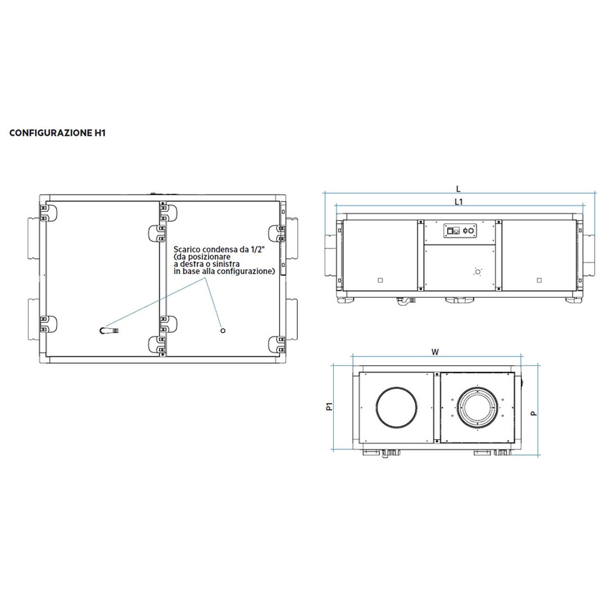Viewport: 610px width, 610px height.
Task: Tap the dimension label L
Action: point(459,188)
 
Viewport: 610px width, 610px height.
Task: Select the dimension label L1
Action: point(459,202)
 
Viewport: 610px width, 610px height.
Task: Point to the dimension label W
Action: point(435,352)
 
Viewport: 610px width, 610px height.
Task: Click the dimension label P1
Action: point(329,408)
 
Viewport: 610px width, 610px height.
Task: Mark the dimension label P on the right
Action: point(534,413)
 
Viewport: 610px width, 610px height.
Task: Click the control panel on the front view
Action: point(459,231)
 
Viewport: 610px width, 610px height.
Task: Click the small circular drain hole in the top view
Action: point(222,330)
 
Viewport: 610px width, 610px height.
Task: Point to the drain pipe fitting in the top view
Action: point(108,330)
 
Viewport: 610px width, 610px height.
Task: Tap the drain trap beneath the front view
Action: point(405,302)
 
